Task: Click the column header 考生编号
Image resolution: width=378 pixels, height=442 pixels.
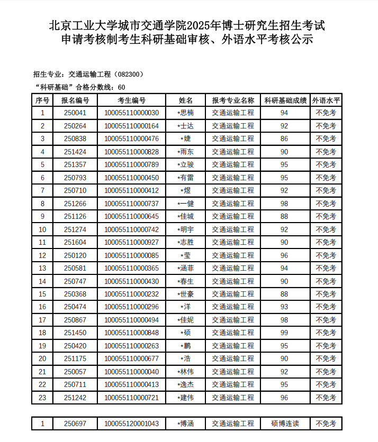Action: (x=131, y=100)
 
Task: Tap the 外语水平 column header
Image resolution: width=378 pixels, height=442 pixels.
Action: (x=326, y=100)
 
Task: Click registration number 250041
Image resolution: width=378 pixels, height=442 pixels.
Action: (x=75, y=113)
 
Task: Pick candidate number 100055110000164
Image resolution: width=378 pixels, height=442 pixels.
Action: (x=131, y=126)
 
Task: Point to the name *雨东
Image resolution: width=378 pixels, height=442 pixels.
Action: (x=186, y=152)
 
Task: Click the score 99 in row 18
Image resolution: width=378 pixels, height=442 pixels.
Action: (x=284, y=333)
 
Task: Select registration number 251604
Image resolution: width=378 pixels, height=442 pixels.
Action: (x=75, y=242)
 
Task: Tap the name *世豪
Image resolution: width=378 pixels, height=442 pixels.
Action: (x=186, y=294)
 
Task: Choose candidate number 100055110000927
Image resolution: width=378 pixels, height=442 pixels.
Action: (x=131, y=242)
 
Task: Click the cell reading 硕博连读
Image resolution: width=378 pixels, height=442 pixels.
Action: (x=285, y=423)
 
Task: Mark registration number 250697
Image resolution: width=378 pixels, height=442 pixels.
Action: (x=75, y=423)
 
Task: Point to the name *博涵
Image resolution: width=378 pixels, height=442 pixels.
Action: (x=186, y=423)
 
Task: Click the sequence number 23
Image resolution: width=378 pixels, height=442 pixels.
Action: (x=43, y=398)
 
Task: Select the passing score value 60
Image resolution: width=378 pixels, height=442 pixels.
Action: (x=121, y=87)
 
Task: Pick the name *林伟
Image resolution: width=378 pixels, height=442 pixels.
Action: (x=186, y=372)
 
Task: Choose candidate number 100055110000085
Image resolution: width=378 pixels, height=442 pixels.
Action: (x=131, y=255)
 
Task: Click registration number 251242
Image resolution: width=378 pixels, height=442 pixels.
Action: (x=75, y=398)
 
